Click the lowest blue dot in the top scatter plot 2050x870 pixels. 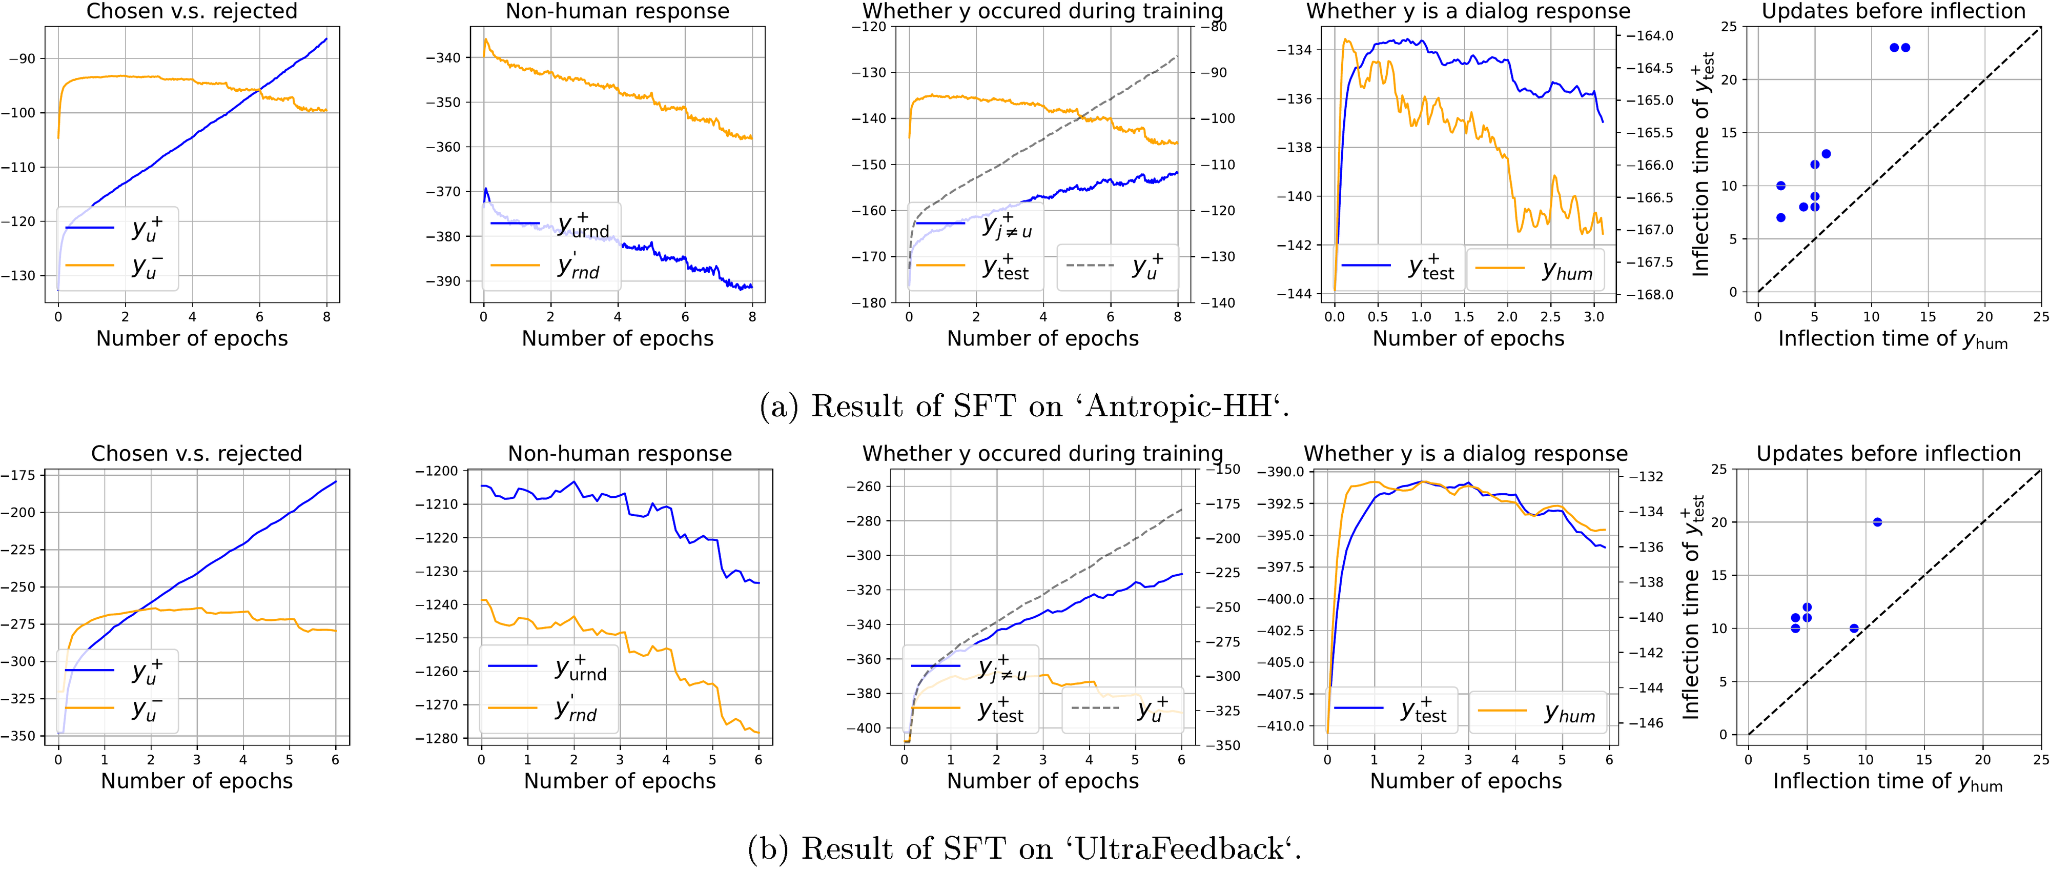[1781, 217]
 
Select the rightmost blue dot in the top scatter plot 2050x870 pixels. [1905, 48]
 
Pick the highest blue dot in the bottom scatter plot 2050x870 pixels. [1877, 522]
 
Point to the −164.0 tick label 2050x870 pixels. [1649, 36]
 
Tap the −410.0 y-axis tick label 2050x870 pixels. [1280, 726]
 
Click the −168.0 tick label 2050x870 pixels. [1649, 294]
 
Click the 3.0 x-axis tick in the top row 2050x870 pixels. [1593, 317]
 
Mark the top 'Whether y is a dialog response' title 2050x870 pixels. [1468, 11]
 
